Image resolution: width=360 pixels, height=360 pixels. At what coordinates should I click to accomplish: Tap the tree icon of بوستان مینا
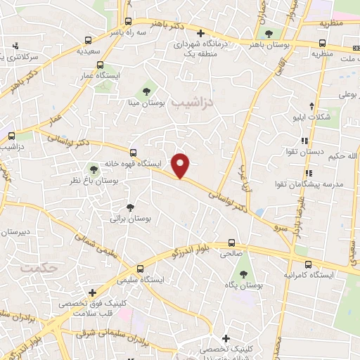(x=147, y=90)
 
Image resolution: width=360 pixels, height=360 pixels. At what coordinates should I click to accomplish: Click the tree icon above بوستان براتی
(x=130, y=207)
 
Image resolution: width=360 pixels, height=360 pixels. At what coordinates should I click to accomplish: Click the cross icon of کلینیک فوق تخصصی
(x=92, y=292)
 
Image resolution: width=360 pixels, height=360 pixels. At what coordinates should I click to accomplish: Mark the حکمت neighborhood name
(x=37, y=268)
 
